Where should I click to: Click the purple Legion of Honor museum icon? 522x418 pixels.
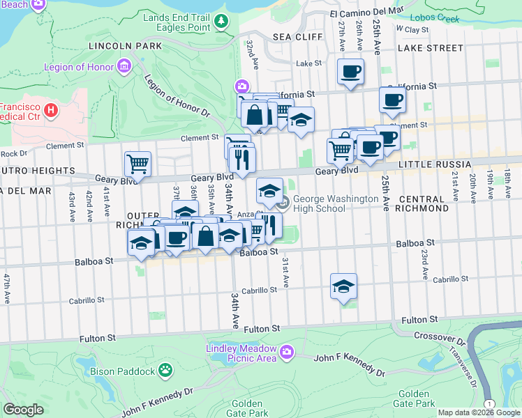click(125, 67)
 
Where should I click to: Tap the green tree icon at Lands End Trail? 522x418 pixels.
click(222, 21)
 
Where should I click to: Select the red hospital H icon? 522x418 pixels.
click(50, 110)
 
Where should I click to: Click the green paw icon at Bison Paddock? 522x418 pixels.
click(165, 370)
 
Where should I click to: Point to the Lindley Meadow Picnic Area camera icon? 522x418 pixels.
click(286, 353)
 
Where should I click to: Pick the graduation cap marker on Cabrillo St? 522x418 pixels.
click(343, 286)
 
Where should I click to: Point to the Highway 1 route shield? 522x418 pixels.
click(491, 404)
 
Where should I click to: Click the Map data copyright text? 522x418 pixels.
click(479, 412)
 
